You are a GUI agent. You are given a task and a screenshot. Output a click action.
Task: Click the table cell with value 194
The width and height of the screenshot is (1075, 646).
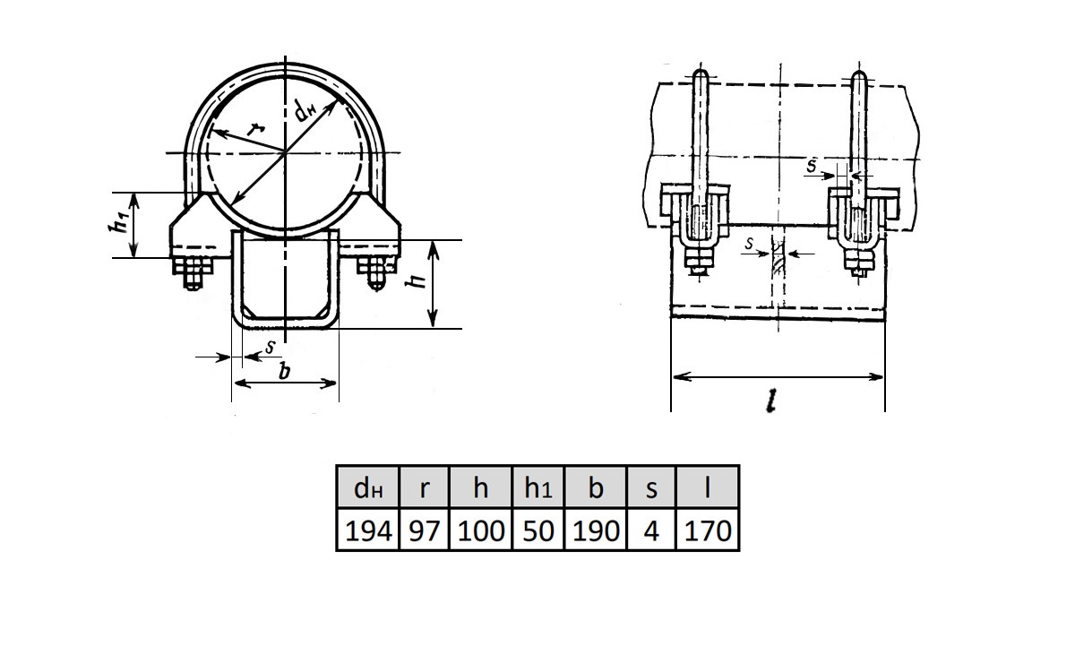tap(368, 530)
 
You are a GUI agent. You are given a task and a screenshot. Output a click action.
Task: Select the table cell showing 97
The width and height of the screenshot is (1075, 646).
tap(424, 530)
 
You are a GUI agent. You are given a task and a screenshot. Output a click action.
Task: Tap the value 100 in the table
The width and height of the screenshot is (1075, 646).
tap(481, 530)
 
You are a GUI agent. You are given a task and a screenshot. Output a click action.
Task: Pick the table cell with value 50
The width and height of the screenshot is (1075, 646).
tap(538, 530)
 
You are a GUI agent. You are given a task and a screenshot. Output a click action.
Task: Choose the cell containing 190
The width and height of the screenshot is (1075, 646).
tap(596, 530)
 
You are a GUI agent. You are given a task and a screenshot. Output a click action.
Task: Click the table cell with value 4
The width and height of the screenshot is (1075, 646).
tap(651, 530)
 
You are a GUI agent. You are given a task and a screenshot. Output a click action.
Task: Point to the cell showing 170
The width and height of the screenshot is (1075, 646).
tap(708, 530)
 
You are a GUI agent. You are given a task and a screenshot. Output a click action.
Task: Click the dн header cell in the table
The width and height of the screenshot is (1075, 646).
tap(368, 487)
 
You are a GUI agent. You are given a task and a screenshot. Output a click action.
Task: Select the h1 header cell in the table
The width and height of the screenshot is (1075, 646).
tap(538, 487)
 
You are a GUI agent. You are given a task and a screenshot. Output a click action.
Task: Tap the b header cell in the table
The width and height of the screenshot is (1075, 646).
tap(596, 487)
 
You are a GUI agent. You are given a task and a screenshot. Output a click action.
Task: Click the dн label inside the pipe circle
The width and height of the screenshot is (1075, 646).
tap(305, 111)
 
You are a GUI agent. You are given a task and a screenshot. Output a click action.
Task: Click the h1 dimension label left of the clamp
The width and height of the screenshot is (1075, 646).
tap(118, 223)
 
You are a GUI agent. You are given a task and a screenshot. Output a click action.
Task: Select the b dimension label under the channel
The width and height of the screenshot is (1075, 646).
tap(284, 371)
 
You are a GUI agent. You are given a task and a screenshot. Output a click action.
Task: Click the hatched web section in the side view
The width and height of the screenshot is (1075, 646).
tap(778, 259)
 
